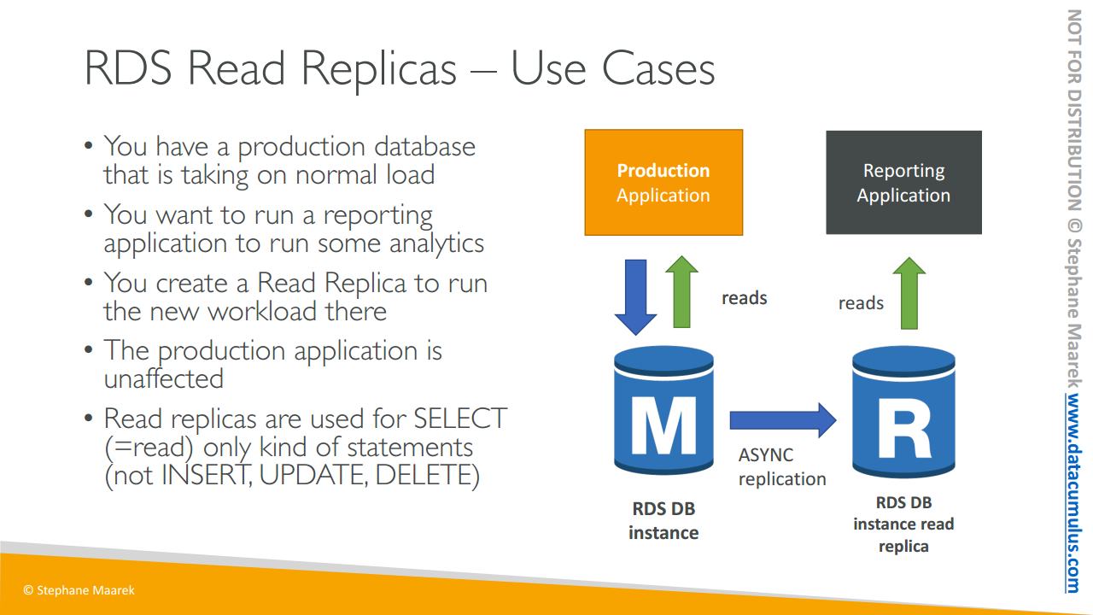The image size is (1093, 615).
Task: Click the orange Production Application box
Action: click(663, 183)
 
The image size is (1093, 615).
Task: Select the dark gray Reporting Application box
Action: click(903, 183)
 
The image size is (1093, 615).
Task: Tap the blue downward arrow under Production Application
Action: click(635, 297)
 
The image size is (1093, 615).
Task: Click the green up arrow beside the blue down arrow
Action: click(681, 292)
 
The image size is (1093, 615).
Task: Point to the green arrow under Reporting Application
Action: click(909, 293)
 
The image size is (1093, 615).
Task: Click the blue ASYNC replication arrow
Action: click(783, 420)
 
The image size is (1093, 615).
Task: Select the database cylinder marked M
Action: click(663, 410)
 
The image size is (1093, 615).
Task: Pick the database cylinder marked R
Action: click(903, 412)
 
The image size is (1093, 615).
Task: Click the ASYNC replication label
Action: click(781, 466)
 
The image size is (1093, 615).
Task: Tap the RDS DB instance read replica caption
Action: click(903, 524)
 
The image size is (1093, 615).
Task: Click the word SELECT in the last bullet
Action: click(460, 419)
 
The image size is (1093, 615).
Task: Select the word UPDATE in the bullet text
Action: click(313, 474)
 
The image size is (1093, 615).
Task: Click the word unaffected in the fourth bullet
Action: click(164, 378)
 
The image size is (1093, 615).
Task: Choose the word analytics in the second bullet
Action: click(436, 243)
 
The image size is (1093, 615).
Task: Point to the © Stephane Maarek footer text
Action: click(79, 590)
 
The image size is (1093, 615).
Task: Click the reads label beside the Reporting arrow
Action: click(861, 303)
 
